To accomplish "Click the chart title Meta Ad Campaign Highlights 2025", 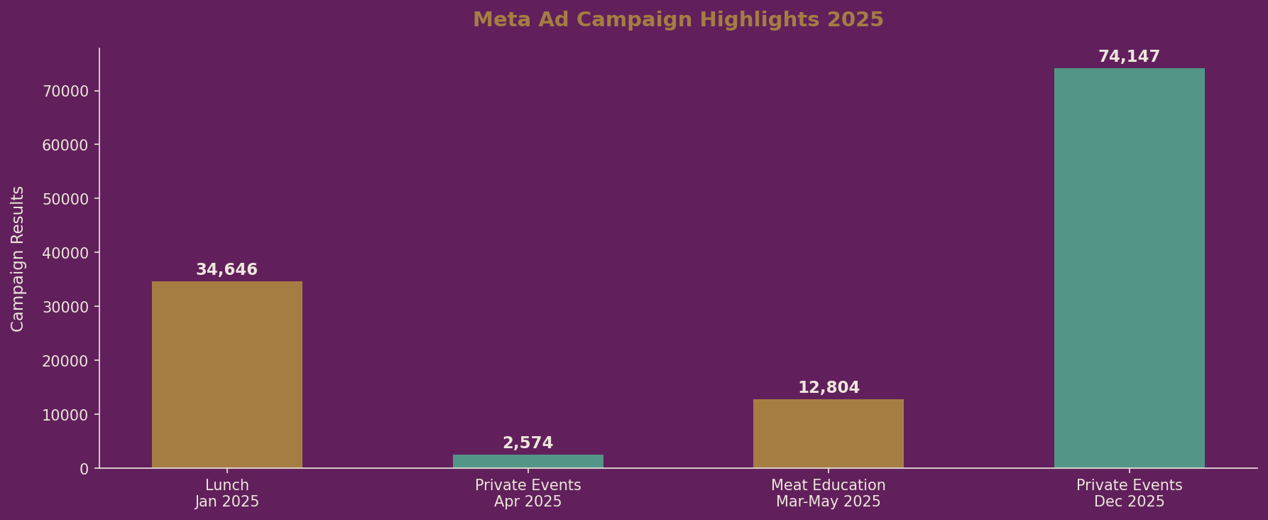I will (678, 20).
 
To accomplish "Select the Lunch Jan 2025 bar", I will (227, 374).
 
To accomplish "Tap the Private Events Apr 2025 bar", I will (528, 461).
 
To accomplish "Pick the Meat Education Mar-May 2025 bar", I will (828, 433).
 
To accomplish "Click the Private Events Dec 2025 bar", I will (1129, 268).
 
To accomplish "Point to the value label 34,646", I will (226, 270).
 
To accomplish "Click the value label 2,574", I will (528, 443).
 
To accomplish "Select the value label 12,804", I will (829, 388).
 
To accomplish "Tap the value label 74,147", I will (1129, 57).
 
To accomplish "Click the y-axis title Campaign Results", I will (18, 259).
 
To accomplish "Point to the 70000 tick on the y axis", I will (65, 91).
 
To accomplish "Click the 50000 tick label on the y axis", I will (65, 199).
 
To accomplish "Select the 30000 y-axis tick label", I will (65, 307).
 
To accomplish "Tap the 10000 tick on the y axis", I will (65, 415).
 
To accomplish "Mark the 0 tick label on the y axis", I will (84, 469).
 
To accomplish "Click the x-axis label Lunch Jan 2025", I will (227, 494).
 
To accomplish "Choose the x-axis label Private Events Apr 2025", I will (528, 494).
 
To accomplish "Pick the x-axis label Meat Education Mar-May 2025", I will (828, 494).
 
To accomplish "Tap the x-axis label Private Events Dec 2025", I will (1129, 494).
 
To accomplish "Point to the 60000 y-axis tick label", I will (65, 145).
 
